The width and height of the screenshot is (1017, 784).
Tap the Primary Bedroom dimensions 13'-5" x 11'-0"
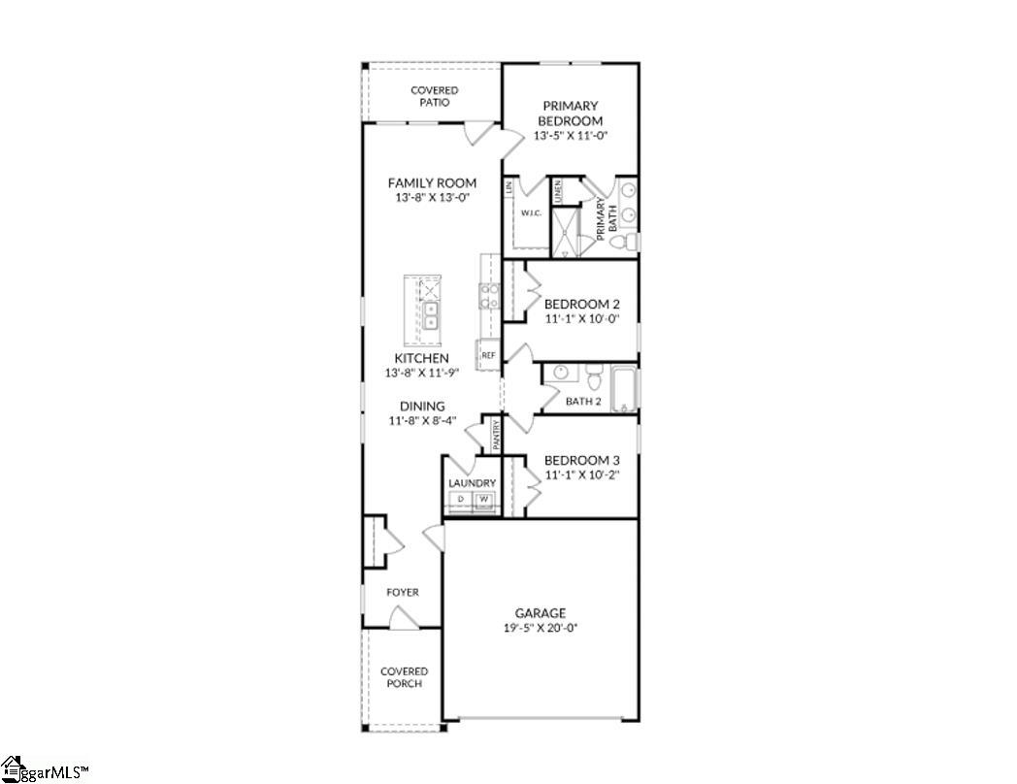tap(570, 137)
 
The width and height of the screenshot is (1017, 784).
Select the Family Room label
tap(432, 182)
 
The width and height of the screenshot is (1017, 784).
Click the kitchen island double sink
tap(430, 315)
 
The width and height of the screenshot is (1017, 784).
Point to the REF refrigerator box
tap(487, 355)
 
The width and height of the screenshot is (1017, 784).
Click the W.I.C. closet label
tap(530, 212)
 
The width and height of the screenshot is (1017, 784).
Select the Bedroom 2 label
tap(582, 304)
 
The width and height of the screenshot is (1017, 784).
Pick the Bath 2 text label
tap(584, 401)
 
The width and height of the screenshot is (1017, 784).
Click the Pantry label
tap(496, 435)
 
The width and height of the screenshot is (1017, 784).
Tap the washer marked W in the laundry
tap(482, 500)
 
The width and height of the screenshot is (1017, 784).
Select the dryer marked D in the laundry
tap(460, 500)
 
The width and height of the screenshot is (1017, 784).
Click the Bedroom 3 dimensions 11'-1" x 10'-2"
tap(582, 475)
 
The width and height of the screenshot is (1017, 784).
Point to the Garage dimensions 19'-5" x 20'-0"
tap(540, 628)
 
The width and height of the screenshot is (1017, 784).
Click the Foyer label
tap(403, 592)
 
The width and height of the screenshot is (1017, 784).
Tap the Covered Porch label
tap(404, 677)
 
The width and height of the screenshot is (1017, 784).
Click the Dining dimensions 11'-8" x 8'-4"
tap(422, 421)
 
